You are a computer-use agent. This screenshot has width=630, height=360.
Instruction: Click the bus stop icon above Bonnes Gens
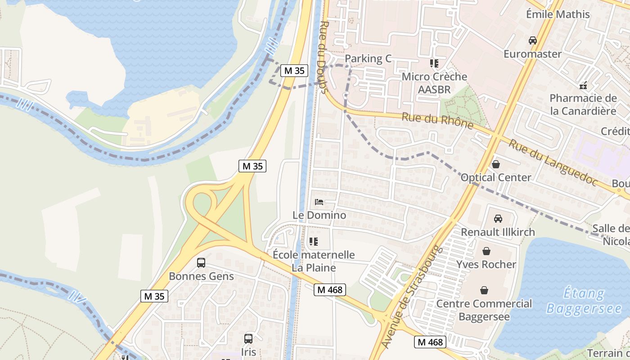pyautogui.click(x=201, y=262)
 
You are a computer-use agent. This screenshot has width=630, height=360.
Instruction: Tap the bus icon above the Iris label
pyautogui.click(x=248, y=338)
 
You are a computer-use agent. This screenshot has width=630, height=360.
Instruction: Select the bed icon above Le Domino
pyautogui.click(x=319, y=202)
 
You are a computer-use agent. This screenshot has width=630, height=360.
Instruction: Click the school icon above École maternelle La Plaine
pyautogui.click(x=314, y=242)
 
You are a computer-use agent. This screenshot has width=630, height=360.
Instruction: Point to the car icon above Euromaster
pyautogui.click(x=533, y=40)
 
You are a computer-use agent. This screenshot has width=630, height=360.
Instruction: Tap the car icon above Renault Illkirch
pyautogui.click(x=498, y=219)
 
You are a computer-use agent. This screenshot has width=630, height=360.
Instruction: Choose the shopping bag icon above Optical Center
pyautogui.click(x=495, y=164)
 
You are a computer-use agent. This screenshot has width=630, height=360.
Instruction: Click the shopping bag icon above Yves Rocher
pyautogui.click(x=486, y=251)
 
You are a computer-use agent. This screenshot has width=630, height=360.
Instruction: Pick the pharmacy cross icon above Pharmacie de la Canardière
pyautogui.click(x=583, y=85)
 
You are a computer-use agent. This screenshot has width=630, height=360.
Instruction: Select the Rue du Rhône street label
pyautogui.click(x=437, y=120)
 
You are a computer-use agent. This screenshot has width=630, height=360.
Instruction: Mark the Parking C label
pyautogui.click(x=368, y=59)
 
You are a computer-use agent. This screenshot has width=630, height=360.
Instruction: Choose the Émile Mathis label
pyautogui.click(x=558, y=14)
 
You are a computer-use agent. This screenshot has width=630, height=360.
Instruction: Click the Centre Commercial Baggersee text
pyautogui.click(x=484, y=310)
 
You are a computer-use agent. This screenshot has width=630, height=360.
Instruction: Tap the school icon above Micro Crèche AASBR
pyautogui.click(x=434, y=63)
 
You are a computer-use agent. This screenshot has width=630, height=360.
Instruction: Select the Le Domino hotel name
pyautogui.click(x=319, y=215)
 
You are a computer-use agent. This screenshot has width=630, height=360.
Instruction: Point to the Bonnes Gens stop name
pyautogui.click(x=201, y=276)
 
